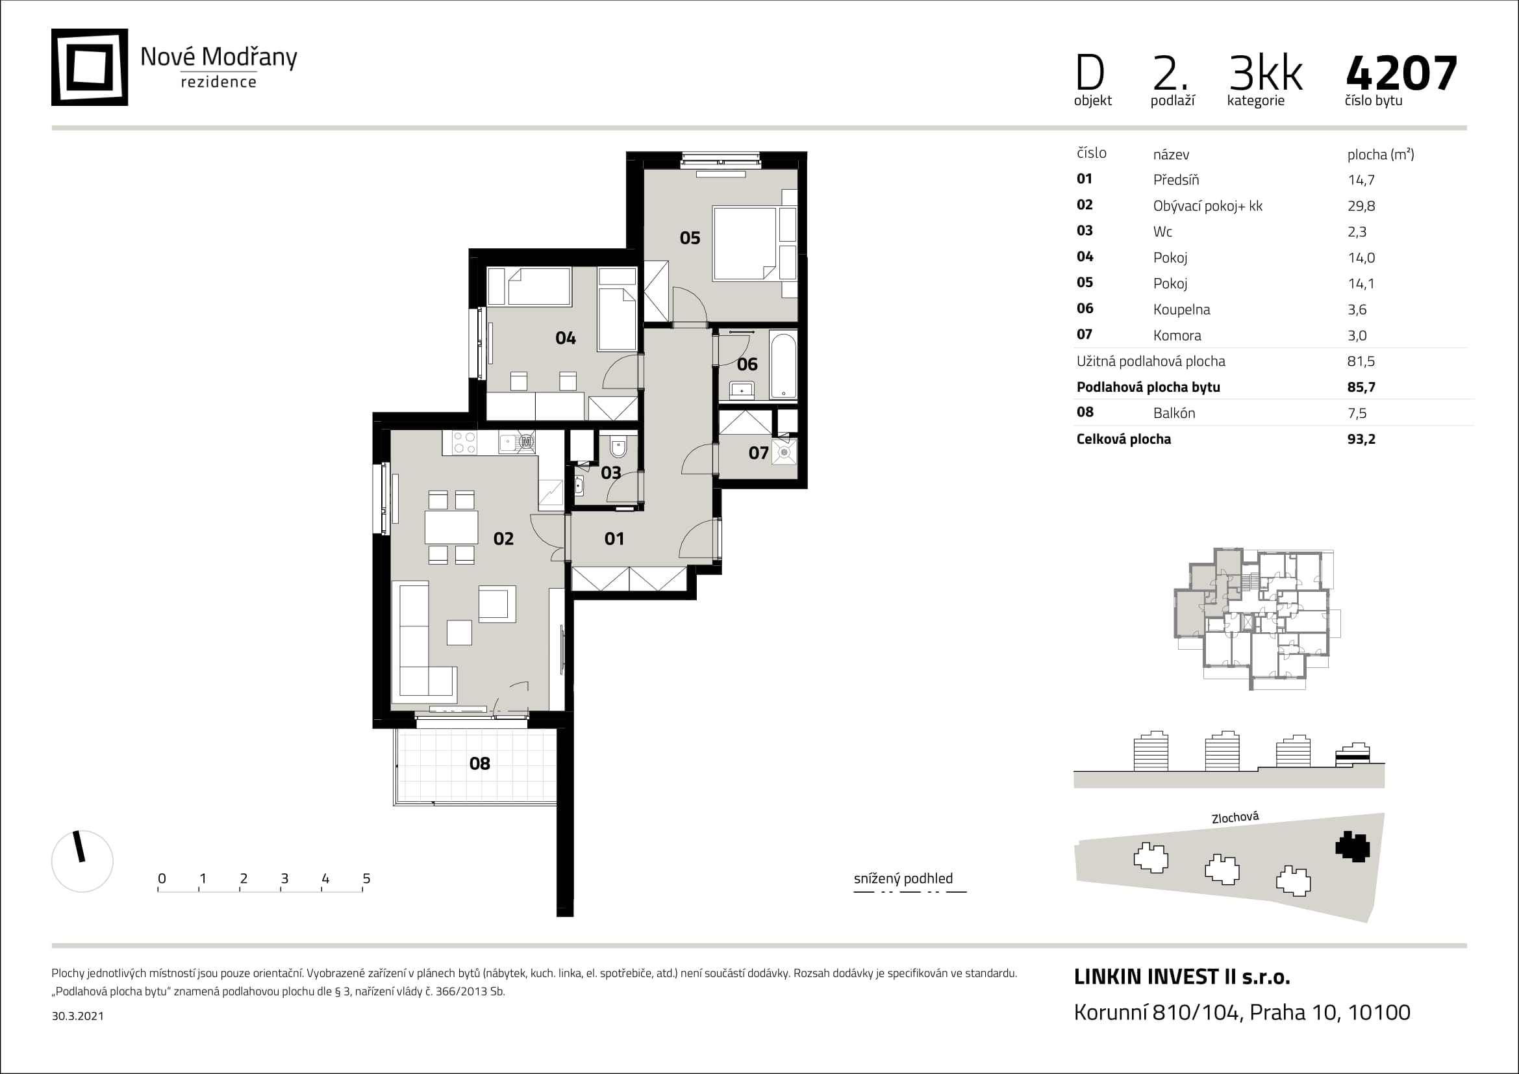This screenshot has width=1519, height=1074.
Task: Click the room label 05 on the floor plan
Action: [690, 238]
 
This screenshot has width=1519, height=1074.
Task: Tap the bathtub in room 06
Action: [783, 366]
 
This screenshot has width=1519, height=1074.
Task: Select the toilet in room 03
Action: [618, 449]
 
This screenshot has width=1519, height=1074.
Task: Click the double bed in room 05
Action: [744, 244]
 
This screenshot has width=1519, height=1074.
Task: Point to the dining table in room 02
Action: [451, 528]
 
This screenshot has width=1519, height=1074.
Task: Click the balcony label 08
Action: [480, 763]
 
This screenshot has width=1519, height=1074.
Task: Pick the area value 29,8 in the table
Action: [1361, 206]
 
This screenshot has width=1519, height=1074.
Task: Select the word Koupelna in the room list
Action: [1181, 310]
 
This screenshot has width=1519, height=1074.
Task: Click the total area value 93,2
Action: [1361, 439]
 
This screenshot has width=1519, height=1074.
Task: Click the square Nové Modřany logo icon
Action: [90, 67]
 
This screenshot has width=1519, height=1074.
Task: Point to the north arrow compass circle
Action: [82, 861]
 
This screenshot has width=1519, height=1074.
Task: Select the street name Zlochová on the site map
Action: [1235, 818]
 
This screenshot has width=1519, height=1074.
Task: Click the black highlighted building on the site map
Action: [1352, 847]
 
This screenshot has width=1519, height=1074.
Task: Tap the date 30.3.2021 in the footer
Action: [77, 1016]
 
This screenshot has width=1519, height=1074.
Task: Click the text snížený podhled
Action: [903, 879]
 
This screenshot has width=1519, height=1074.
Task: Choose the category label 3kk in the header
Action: [1265, 73]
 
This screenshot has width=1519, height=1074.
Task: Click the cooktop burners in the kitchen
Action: [464, 442]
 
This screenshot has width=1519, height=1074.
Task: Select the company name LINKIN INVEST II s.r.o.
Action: [1181, 977]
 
